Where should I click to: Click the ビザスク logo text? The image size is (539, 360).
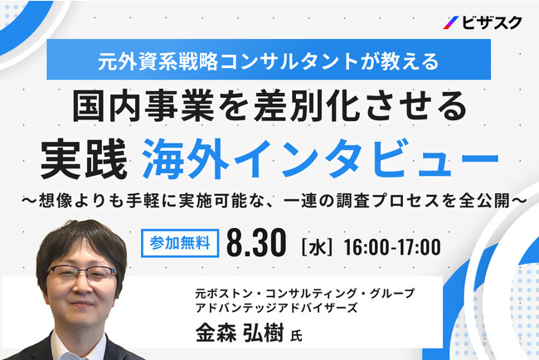pos(492,22)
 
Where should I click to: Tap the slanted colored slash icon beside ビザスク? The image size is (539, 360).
pos(450,22)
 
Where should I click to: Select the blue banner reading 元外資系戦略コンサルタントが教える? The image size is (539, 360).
pos(269,59)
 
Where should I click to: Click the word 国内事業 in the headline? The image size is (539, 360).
pos(145,106)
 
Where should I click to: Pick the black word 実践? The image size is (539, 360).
pos(85,159)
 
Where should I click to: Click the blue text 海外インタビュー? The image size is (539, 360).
pos(320,159)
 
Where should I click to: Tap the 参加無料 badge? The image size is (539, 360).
pos(180,243)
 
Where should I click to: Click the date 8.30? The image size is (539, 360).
pos(256,243)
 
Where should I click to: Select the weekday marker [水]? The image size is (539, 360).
pos(317,247)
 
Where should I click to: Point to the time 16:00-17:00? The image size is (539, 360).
pos(392,247)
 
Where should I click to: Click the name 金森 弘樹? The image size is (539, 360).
pos(240,333)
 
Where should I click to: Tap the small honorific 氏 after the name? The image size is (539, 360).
pos(296,336)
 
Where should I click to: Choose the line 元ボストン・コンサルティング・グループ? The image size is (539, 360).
pos(304,293)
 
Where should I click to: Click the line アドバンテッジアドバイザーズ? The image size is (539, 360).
pos(276,307)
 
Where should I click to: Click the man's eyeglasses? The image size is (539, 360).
pos(81,274)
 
